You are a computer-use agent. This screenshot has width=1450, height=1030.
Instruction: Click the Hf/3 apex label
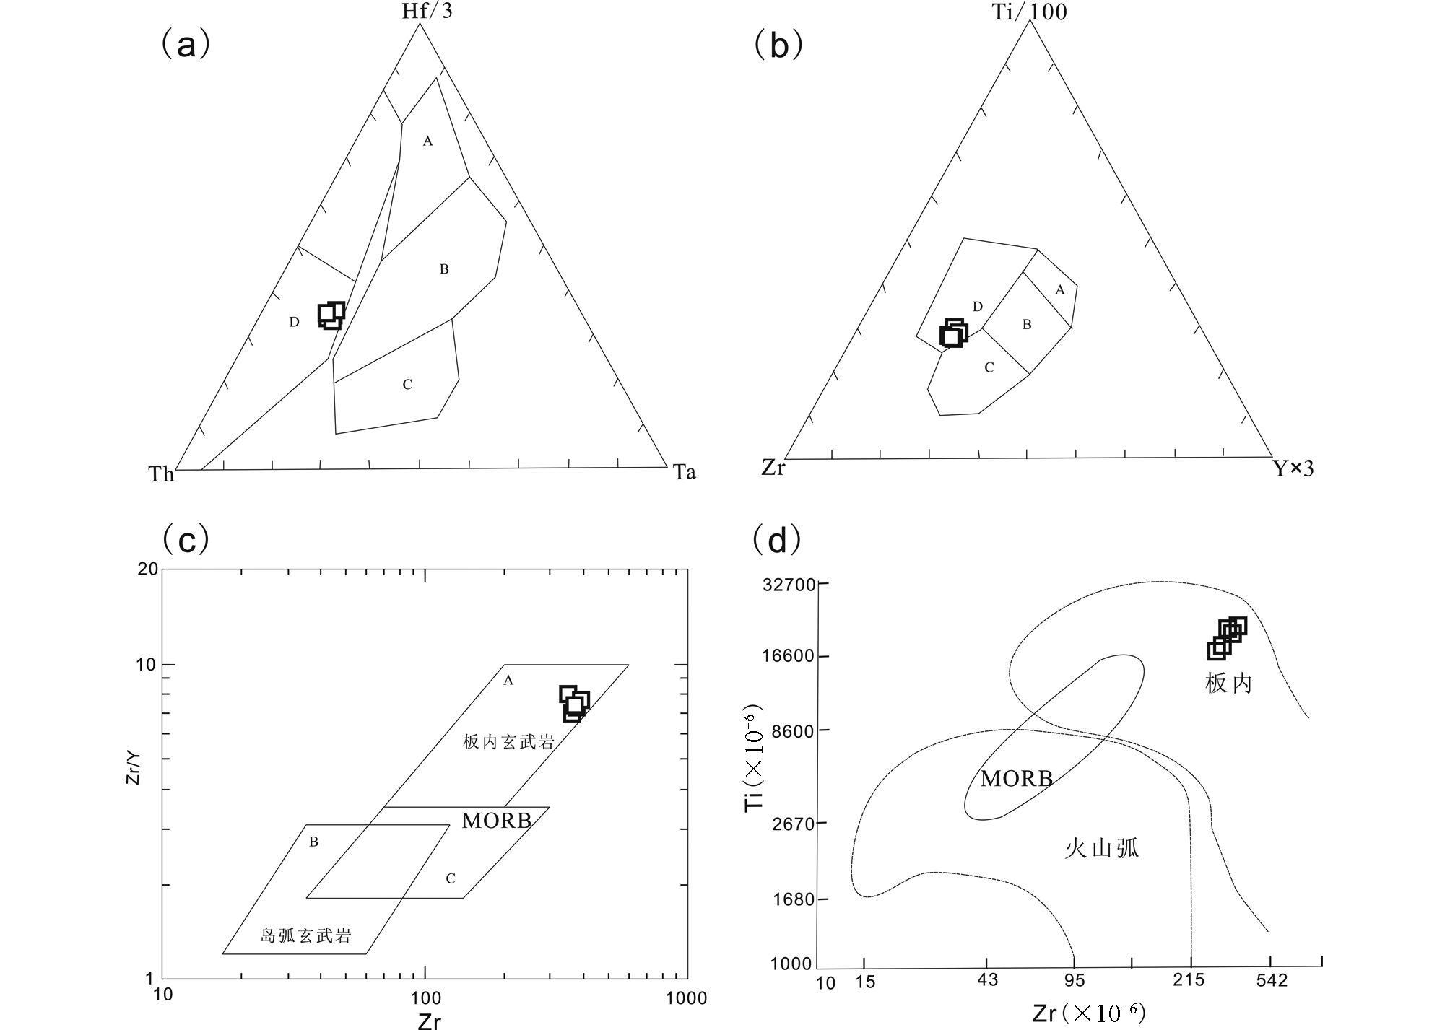coord(427,11)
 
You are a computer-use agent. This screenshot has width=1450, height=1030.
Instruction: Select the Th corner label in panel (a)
coord(161,474)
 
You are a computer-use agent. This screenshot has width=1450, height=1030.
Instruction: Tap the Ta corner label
coord(685,473)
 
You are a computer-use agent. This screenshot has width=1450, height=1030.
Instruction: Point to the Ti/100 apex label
coord(1029,12)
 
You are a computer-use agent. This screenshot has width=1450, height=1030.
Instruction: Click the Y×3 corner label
coord(1293,470)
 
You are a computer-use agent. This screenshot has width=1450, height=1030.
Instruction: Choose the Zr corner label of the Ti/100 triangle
coord(773,468)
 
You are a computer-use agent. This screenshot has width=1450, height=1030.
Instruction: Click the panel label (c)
coord(186,540)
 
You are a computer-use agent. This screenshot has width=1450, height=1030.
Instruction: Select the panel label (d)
coord(776,540)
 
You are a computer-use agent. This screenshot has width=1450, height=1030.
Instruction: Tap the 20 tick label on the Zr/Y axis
coord(147,569)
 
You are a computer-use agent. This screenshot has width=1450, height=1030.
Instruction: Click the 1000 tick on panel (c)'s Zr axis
coord(686,998)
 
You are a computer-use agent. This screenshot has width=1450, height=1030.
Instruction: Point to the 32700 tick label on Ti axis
coord(789,584)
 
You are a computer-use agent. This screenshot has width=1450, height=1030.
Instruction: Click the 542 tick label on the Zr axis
coord(1271,980)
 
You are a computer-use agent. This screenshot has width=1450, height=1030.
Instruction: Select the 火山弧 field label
coord(1101,847)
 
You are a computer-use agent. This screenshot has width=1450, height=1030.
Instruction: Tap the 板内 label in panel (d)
coord(1228,683)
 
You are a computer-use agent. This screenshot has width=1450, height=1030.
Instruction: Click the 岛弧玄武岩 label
coord(305,936)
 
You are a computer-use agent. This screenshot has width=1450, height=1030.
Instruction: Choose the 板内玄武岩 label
coord(508,741)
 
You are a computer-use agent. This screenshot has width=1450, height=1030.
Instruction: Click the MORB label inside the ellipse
coord(1016,779)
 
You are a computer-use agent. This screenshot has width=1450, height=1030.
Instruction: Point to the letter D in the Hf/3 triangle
coord(294,322)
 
